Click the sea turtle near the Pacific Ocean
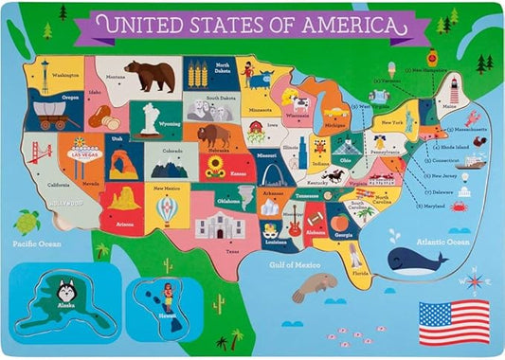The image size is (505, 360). pyautogui.click(x=27, y=222)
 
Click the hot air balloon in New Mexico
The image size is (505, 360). pyautogui.click(x=167, y=208)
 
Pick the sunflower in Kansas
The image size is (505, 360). pyautogui.click(x=214, y=167)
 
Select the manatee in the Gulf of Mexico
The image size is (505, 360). pyautogui.click(x=313, y=284)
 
